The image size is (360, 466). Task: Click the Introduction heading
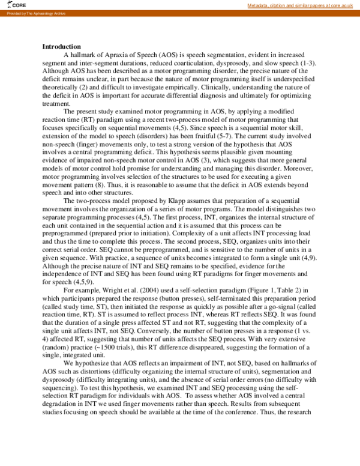click(61, 46)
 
